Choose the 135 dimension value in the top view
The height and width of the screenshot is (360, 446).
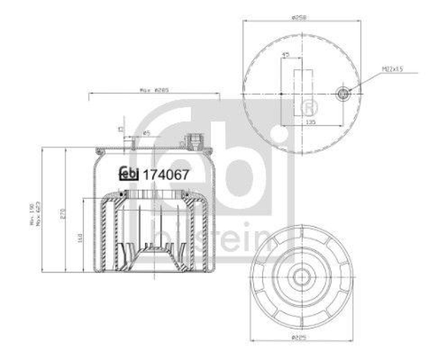pos(312,121)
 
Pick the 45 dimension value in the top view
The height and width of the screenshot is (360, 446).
pos(286,55)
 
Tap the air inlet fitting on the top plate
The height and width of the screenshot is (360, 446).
pos(195,142)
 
